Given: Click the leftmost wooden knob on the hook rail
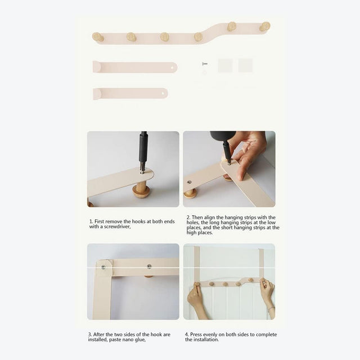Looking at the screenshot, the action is click(x=98, y=37).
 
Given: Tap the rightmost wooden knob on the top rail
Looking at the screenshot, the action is click(x=265, y=26).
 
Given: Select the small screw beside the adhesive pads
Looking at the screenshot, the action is click(x=205, y=64).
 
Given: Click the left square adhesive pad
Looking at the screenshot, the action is click(x=225, y=65).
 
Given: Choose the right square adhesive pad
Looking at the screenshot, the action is click(x=245, y=65).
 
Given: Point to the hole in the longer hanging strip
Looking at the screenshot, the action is click(x=172, y=67).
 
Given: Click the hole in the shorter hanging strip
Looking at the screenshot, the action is click(x=163, y=93).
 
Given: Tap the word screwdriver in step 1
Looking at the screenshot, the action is click(x=118, y=227).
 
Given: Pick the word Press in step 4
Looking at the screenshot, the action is click(x=196, y=335).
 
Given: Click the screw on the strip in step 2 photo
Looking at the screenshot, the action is click(x=189, y=182).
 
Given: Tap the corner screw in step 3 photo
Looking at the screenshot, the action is click(x=103, y=267).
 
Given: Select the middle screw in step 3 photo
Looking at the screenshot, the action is click(x=149, y=267).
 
